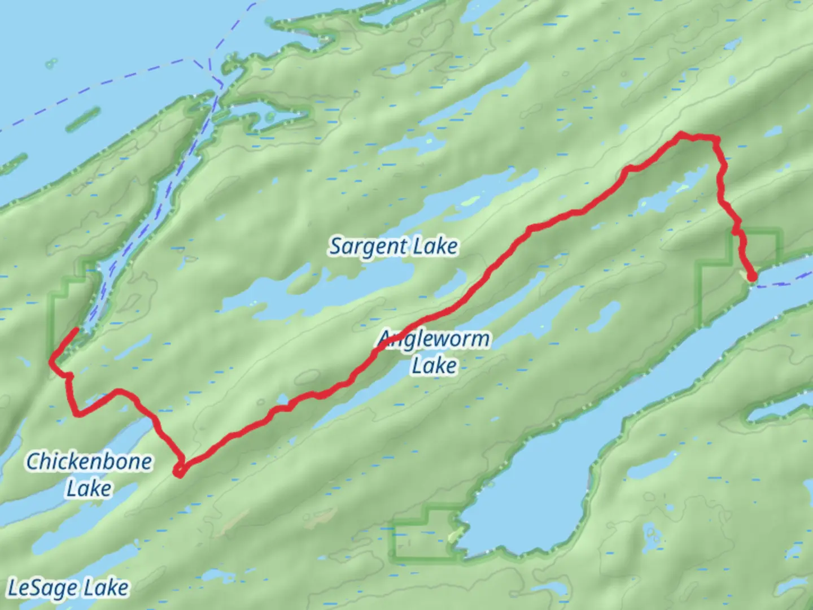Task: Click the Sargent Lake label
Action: click(394, 247)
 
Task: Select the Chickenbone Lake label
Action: click(89, 474)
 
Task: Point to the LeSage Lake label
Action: click(68, 588)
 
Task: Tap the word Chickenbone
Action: click(89, 461)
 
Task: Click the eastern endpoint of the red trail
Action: click(752, 277)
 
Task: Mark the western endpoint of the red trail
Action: click(76, 329)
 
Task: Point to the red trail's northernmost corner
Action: click(682, 134)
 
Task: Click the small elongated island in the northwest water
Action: click(83, 119)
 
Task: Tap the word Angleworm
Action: click(434, 339)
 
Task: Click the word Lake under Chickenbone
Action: click(89, 487)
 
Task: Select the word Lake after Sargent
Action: click(435, 247)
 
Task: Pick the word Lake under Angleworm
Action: click(434, 365)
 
